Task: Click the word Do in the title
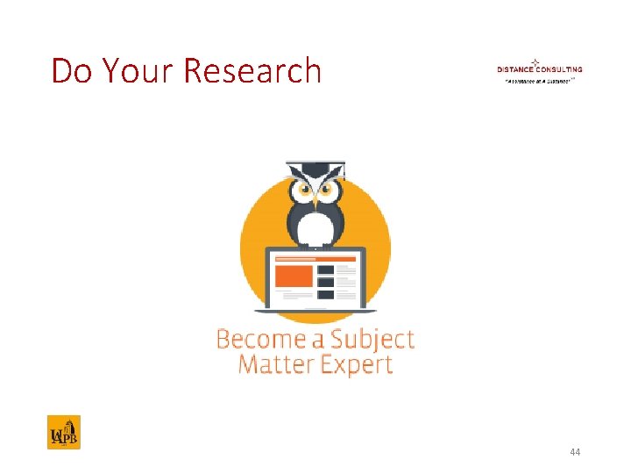click(x=71, y=71)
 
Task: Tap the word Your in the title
click(x=136, y=71)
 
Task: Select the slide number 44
click(x=575, y=452)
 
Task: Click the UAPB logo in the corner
click(x=63, y=432)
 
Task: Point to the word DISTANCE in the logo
click(x=517, y=69)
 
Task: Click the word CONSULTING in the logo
click(x=561, y=69)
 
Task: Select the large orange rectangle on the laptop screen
click(x=294, y=276)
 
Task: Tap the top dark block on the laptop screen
click(x=325, y=269)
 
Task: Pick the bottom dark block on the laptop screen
click(x=325, y=294)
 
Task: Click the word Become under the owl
click(x=260, y=339)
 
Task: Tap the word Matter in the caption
click(x=275, y=364)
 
